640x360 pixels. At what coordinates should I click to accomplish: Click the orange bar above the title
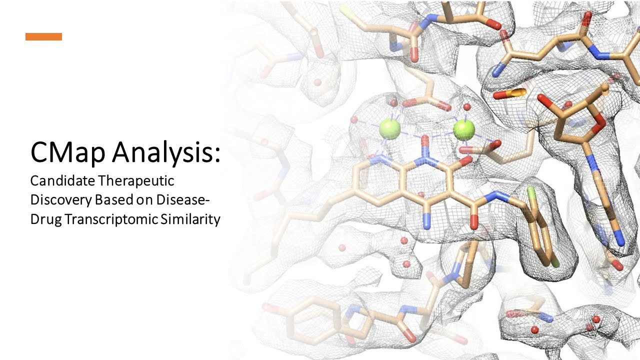(43, 36)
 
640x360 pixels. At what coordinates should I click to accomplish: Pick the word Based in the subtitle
(112, 200)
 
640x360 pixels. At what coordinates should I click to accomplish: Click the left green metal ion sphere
(389, 129)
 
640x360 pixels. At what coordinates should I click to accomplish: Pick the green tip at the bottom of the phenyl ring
(555, 261)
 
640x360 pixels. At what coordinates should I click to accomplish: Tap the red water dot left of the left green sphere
(354, 120)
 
